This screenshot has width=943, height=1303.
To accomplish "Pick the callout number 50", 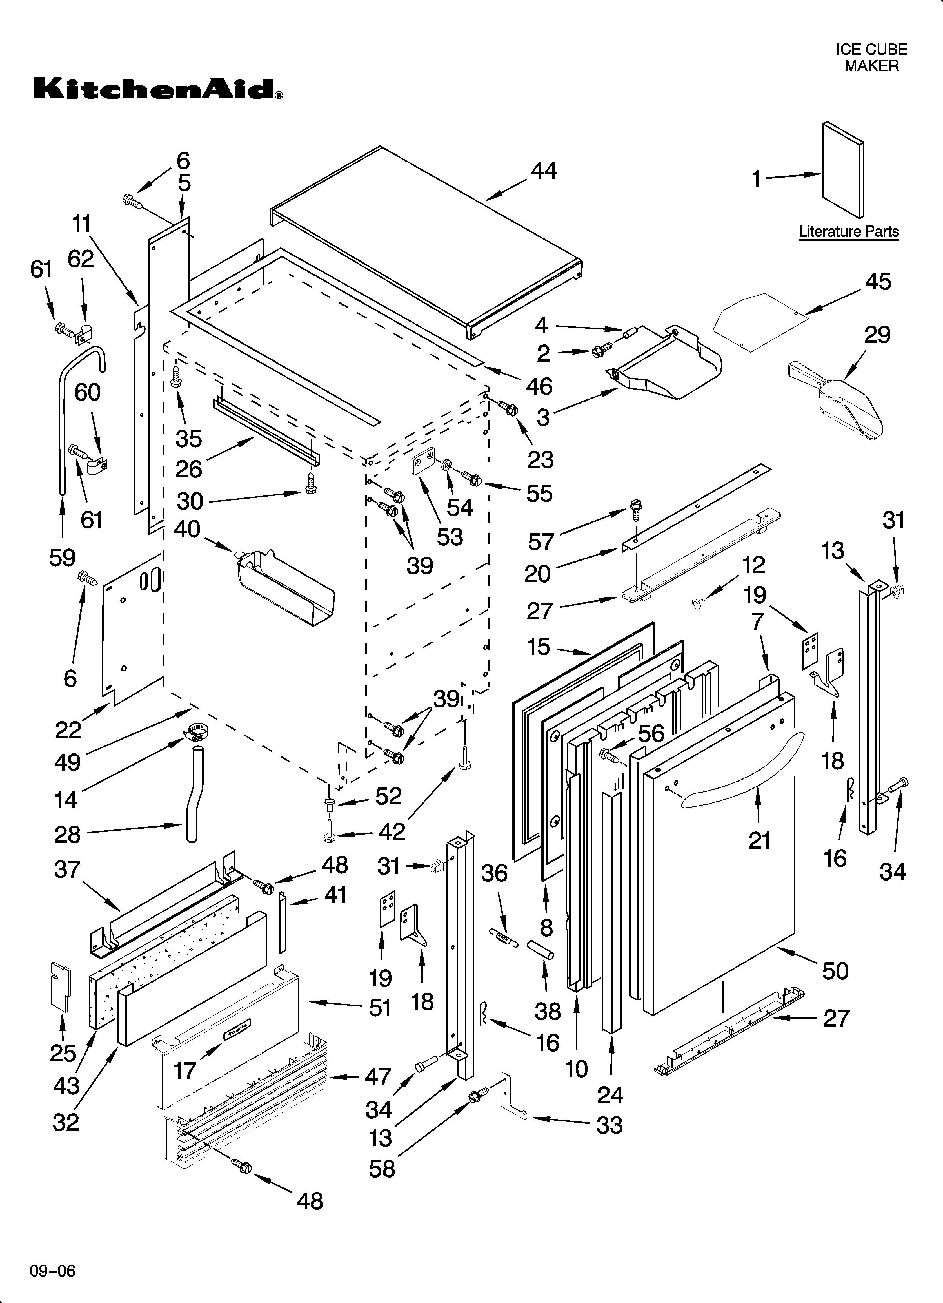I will tap(835, 971).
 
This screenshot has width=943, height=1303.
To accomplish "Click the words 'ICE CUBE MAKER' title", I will tap(871, 57).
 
